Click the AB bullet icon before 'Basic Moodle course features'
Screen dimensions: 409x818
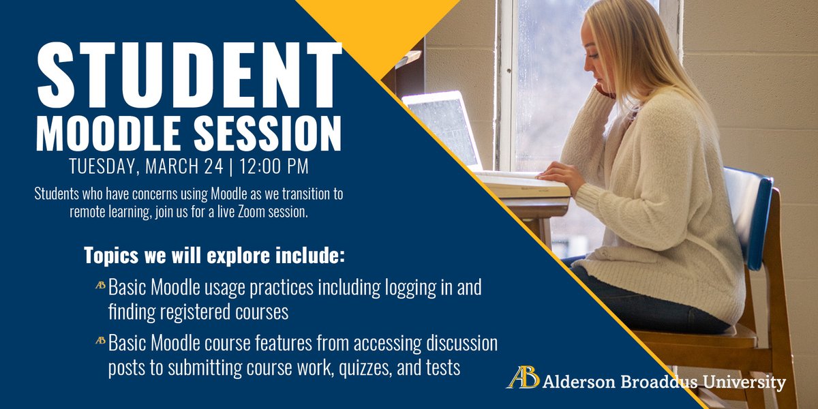click(x=100, y=340)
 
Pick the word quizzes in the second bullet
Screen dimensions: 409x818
click(x=356, y=368)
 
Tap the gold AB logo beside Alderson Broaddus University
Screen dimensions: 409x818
click(x=522, y=379)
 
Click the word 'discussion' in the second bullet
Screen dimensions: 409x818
click(x=464, y=340)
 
